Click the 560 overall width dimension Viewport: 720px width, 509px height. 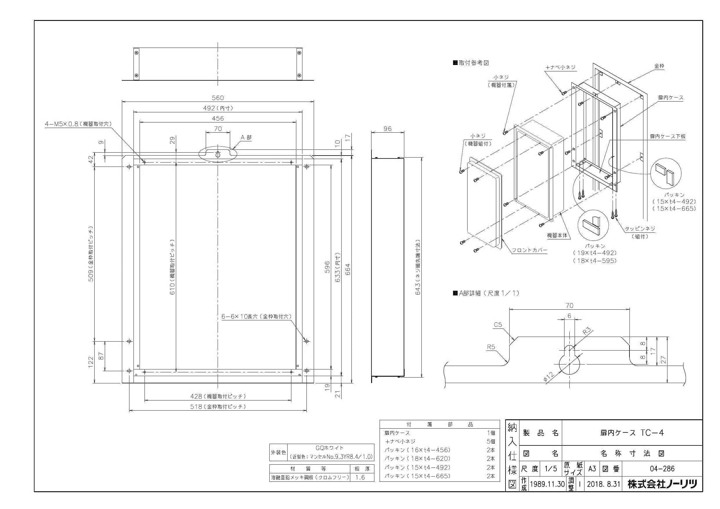tap(218, 98)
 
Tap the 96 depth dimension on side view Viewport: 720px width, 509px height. tap(388, 129)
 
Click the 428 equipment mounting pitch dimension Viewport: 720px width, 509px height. tap(218, 396)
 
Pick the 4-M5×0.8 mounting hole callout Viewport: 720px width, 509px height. tap(78, 124)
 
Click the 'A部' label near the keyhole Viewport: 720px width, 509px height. tap(246, 137)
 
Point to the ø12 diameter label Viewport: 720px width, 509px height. tap(549, 376)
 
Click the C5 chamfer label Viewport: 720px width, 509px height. tap(498, 325)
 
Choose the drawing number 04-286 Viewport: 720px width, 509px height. tap(662, 469)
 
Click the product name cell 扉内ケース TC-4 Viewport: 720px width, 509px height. tap(632, 432)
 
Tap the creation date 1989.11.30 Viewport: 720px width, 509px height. tap(547, 484)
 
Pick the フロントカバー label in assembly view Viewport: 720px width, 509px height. tap(529, 250)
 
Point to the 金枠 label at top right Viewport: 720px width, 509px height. tap(659, 66)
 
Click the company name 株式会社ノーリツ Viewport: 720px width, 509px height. tap(662, 484)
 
